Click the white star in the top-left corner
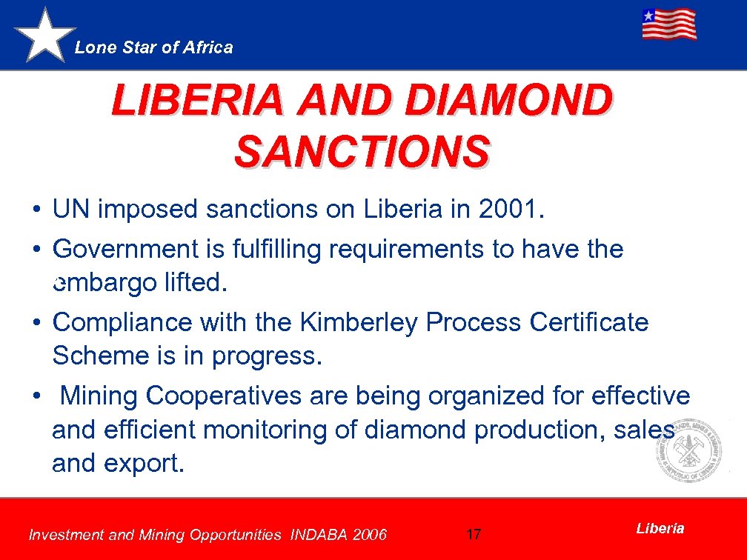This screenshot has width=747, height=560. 45,36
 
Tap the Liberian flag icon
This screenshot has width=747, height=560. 668,24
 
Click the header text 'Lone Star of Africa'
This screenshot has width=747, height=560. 154,48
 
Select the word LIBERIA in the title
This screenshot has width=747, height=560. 196,101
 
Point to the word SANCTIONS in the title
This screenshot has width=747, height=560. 362,151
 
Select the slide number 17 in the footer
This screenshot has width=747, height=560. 474,534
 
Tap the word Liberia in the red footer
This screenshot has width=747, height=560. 660,528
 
